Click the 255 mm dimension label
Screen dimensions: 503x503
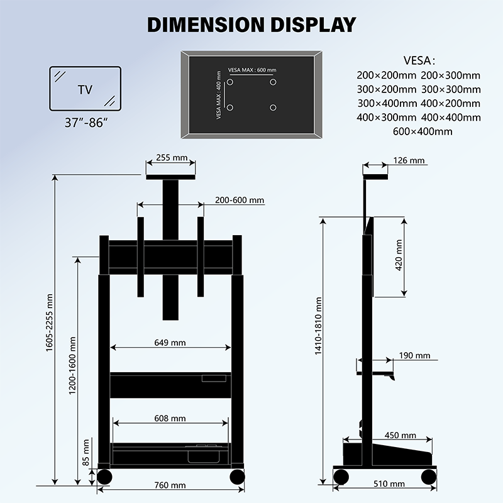pos(170,158)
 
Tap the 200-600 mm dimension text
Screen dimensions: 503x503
pos(239,200)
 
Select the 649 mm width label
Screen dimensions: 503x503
pos(170,343)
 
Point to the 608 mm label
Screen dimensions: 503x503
pos(170,418)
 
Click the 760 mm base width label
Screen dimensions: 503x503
pos(170,485)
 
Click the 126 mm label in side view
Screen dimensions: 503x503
pos(408,161)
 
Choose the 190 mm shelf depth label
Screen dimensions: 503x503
pos(414,356)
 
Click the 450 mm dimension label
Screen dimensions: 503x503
pos(401,435)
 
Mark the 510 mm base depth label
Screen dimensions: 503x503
pos(389,484)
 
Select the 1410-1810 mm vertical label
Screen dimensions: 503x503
pos(319,334)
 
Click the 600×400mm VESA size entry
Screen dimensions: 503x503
pos(422,131)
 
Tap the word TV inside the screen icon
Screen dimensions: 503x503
pos(85,90)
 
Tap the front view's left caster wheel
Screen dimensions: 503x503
pos(104,476)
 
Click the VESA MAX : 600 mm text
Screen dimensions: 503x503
pos(252,70)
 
